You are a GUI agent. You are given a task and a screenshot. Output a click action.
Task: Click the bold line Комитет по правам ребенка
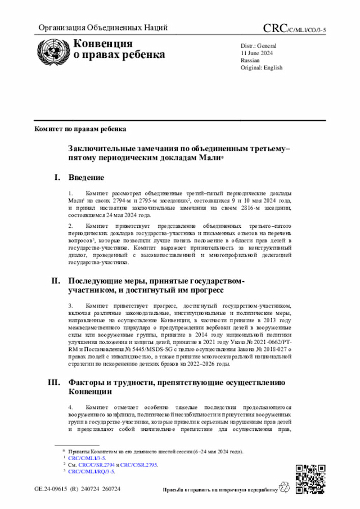[80, 128]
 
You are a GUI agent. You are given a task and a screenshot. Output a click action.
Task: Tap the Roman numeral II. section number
[56, 280]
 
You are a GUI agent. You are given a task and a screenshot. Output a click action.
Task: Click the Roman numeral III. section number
[54, 382]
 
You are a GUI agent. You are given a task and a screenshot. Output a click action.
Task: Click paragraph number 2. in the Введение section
[71, 226]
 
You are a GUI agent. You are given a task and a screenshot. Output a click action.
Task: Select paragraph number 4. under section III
[71, 407]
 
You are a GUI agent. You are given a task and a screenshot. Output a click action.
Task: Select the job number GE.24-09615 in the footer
[53, 489]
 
